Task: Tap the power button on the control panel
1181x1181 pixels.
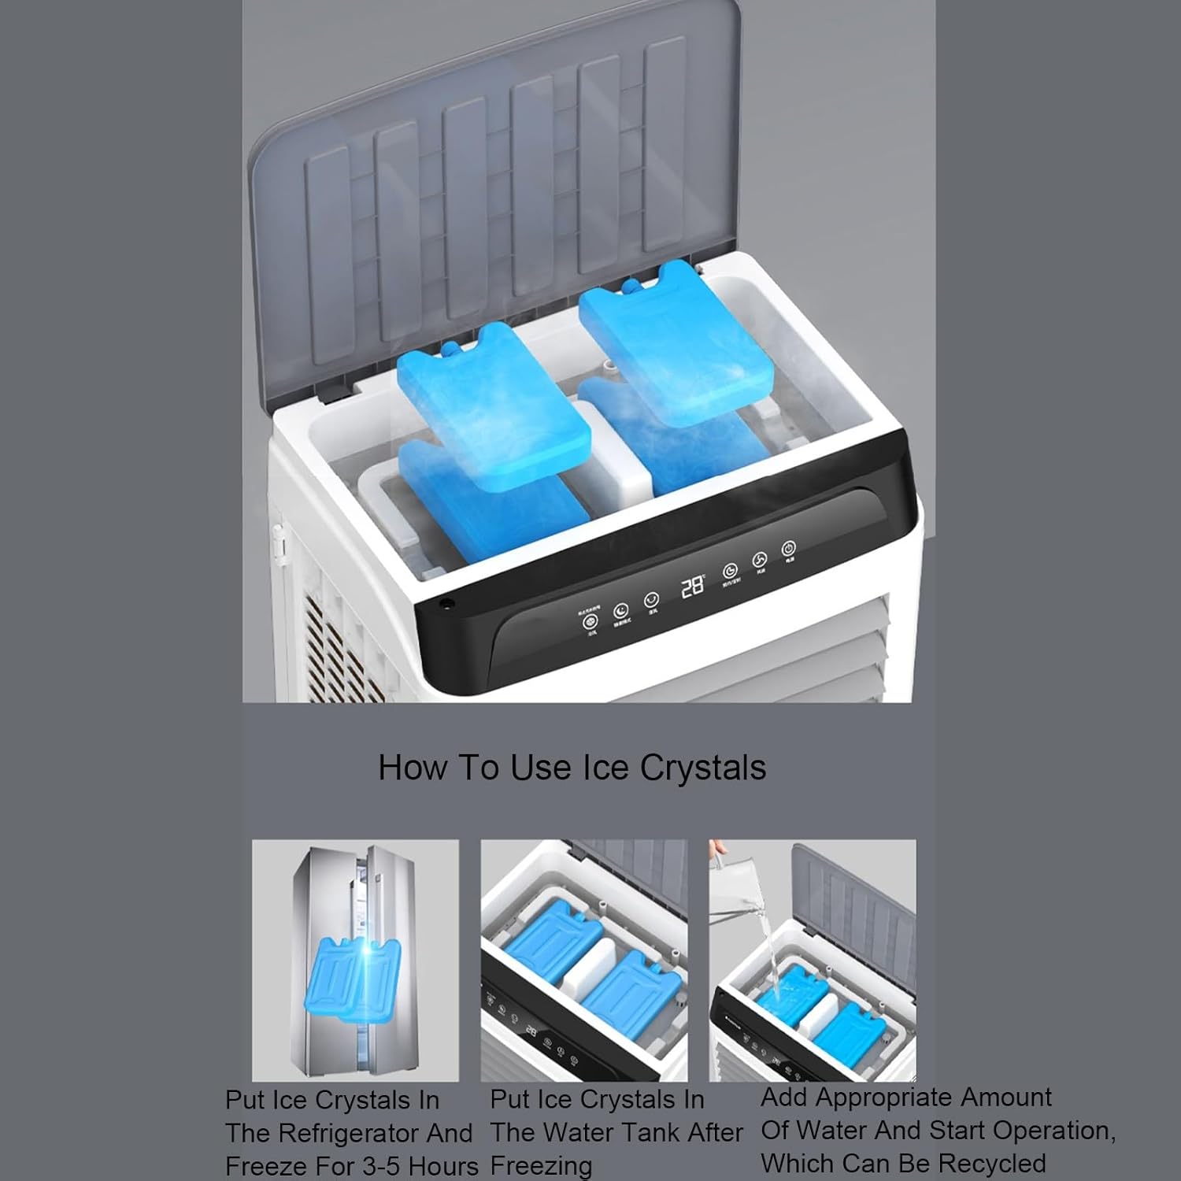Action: point(788,548)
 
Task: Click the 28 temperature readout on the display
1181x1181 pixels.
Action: point(692,586)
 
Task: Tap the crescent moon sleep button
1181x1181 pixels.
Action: point(620,610)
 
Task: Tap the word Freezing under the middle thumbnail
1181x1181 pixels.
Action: point(541,1166)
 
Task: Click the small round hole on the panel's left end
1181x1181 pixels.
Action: point(447,604)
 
